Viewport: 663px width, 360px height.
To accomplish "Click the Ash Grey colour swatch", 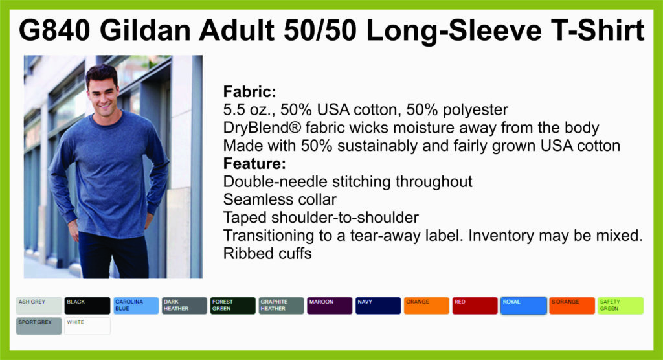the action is coord(39,306).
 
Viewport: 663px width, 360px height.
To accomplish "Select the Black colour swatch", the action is coord(87,306).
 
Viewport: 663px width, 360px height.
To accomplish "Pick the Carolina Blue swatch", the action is coord(136,306).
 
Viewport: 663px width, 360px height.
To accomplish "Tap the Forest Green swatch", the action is coord(233,306).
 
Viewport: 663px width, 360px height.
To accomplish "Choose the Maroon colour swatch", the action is coord(330,306).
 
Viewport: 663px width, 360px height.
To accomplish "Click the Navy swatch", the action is coord(378,306).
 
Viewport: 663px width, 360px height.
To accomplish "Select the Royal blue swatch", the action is coord(523,306).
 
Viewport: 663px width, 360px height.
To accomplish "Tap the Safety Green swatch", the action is coord(621,306).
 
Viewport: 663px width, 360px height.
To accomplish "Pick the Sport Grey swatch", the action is coord(39,326).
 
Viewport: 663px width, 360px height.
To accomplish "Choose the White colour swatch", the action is coord(87,326).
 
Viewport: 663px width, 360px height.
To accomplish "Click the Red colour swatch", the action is coord(475,306).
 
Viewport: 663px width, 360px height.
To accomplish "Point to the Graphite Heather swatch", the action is coord(281,306).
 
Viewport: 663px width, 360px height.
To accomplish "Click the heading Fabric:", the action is coord(249,91).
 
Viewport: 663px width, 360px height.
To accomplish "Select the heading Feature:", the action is coord(254,163).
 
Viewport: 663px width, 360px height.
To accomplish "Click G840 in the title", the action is coord(54,30).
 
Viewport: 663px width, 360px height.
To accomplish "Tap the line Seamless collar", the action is coord(280,199).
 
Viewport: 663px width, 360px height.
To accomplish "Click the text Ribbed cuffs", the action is coord(267,253).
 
